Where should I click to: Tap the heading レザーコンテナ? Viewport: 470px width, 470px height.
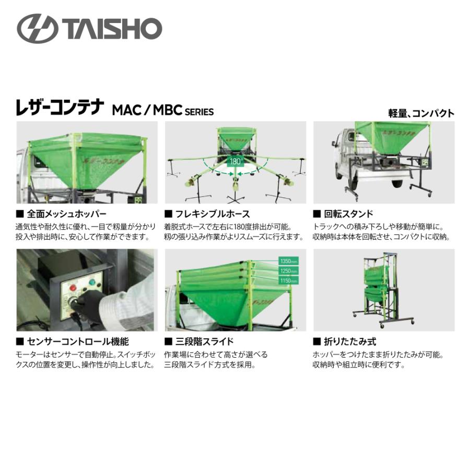tap(61, 108)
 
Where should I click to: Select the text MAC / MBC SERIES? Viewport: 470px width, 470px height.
tap(162, 111)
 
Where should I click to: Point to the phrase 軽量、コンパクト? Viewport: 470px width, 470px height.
tap(421, 113)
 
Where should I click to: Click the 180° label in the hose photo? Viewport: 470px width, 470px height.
tap(236, 161)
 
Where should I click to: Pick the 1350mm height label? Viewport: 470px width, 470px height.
tap(288, 261)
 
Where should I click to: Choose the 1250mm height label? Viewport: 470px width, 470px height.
tap(288, 271)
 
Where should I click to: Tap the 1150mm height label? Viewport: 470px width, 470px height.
tap(288, 281)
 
